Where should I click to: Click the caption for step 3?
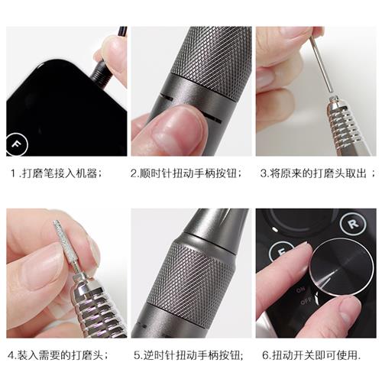coord(317,173)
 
